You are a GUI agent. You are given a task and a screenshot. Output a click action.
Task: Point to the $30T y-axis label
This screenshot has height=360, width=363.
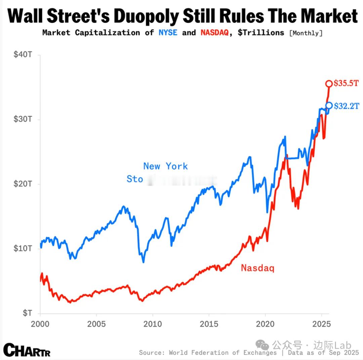pyautogui.click(x=23, y=119)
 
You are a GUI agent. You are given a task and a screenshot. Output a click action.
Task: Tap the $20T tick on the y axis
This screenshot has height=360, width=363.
pyautogui.click(x=23, y=184)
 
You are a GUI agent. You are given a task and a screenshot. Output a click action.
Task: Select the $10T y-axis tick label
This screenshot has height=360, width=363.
pyautogui.click(x=23, y=248)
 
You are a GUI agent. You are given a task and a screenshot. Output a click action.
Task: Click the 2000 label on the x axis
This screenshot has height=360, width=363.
pyautogui.click(x=40, y=324)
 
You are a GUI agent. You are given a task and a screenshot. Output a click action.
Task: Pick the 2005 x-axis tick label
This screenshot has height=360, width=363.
pyautogui.click(x=96, y=324)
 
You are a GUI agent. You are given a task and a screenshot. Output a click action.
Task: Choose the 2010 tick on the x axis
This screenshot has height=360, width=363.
pyautogui.click(x=153, y=324)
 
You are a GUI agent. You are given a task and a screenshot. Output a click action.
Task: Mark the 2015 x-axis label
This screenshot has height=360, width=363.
pyautogui.click(x=209, y=324)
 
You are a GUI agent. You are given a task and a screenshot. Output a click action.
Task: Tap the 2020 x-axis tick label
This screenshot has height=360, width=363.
pyautogui.click(x=265, y=324)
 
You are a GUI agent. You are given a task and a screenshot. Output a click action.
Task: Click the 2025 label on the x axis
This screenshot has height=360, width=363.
pyautogui.click(x=321, y=324)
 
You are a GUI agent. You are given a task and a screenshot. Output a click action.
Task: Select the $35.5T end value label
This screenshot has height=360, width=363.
pyautogui.click(x=346, y=83)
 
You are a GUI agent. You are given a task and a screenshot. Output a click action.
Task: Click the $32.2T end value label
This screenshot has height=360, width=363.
pyautogui.click(x=346, y=106)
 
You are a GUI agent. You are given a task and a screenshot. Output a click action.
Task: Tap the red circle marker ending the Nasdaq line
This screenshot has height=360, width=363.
pyautogui.click(x=329, y=83)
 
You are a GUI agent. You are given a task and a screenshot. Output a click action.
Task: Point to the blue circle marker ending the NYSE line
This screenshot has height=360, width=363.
pyautogui.click(x=329, y=106)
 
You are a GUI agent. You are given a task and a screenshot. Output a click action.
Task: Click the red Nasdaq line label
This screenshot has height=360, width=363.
pyautogui.click(x=257, y=268)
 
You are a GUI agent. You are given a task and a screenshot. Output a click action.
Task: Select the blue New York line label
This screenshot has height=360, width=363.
pyautogui.click(x=165, y=166)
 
